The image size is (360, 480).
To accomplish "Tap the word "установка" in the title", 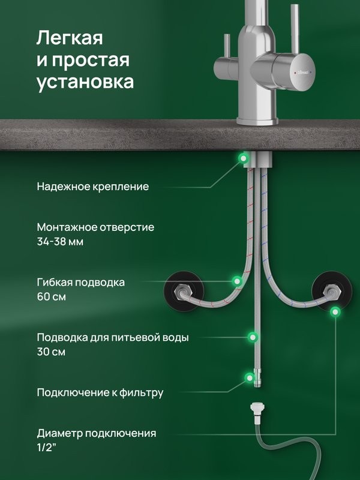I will pyautogui.click(x=85, y=82).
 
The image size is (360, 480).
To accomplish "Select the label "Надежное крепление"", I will pyautogui.click(x=92, y=187).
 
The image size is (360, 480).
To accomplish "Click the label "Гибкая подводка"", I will pyautogui.click(x=80, y=282).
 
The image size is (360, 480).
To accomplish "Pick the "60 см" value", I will pyautogui.click(x=52, y=297).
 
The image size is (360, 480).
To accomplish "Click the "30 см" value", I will pyautogui.click(x=52, y=352).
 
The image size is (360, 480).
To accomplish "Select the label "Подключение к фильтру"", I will pyautogui.click(x=100, y=393).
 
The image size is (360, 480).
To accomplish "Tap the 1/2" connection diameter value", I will pyautogui.click(x=47, y=448).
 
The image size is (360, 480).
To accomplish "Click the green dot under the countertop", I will pyautogui.click(x=244, y=158).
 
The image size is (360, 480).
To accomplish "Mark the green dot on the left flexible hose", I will pyautogui.click(x=238, y=280).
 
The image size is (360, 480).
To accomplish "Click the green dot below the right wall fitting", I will pyautogui.click(x=336, y=311).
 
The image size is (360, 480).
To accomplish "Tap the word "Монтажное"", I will pyautogui.click(x=67, y=227).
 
